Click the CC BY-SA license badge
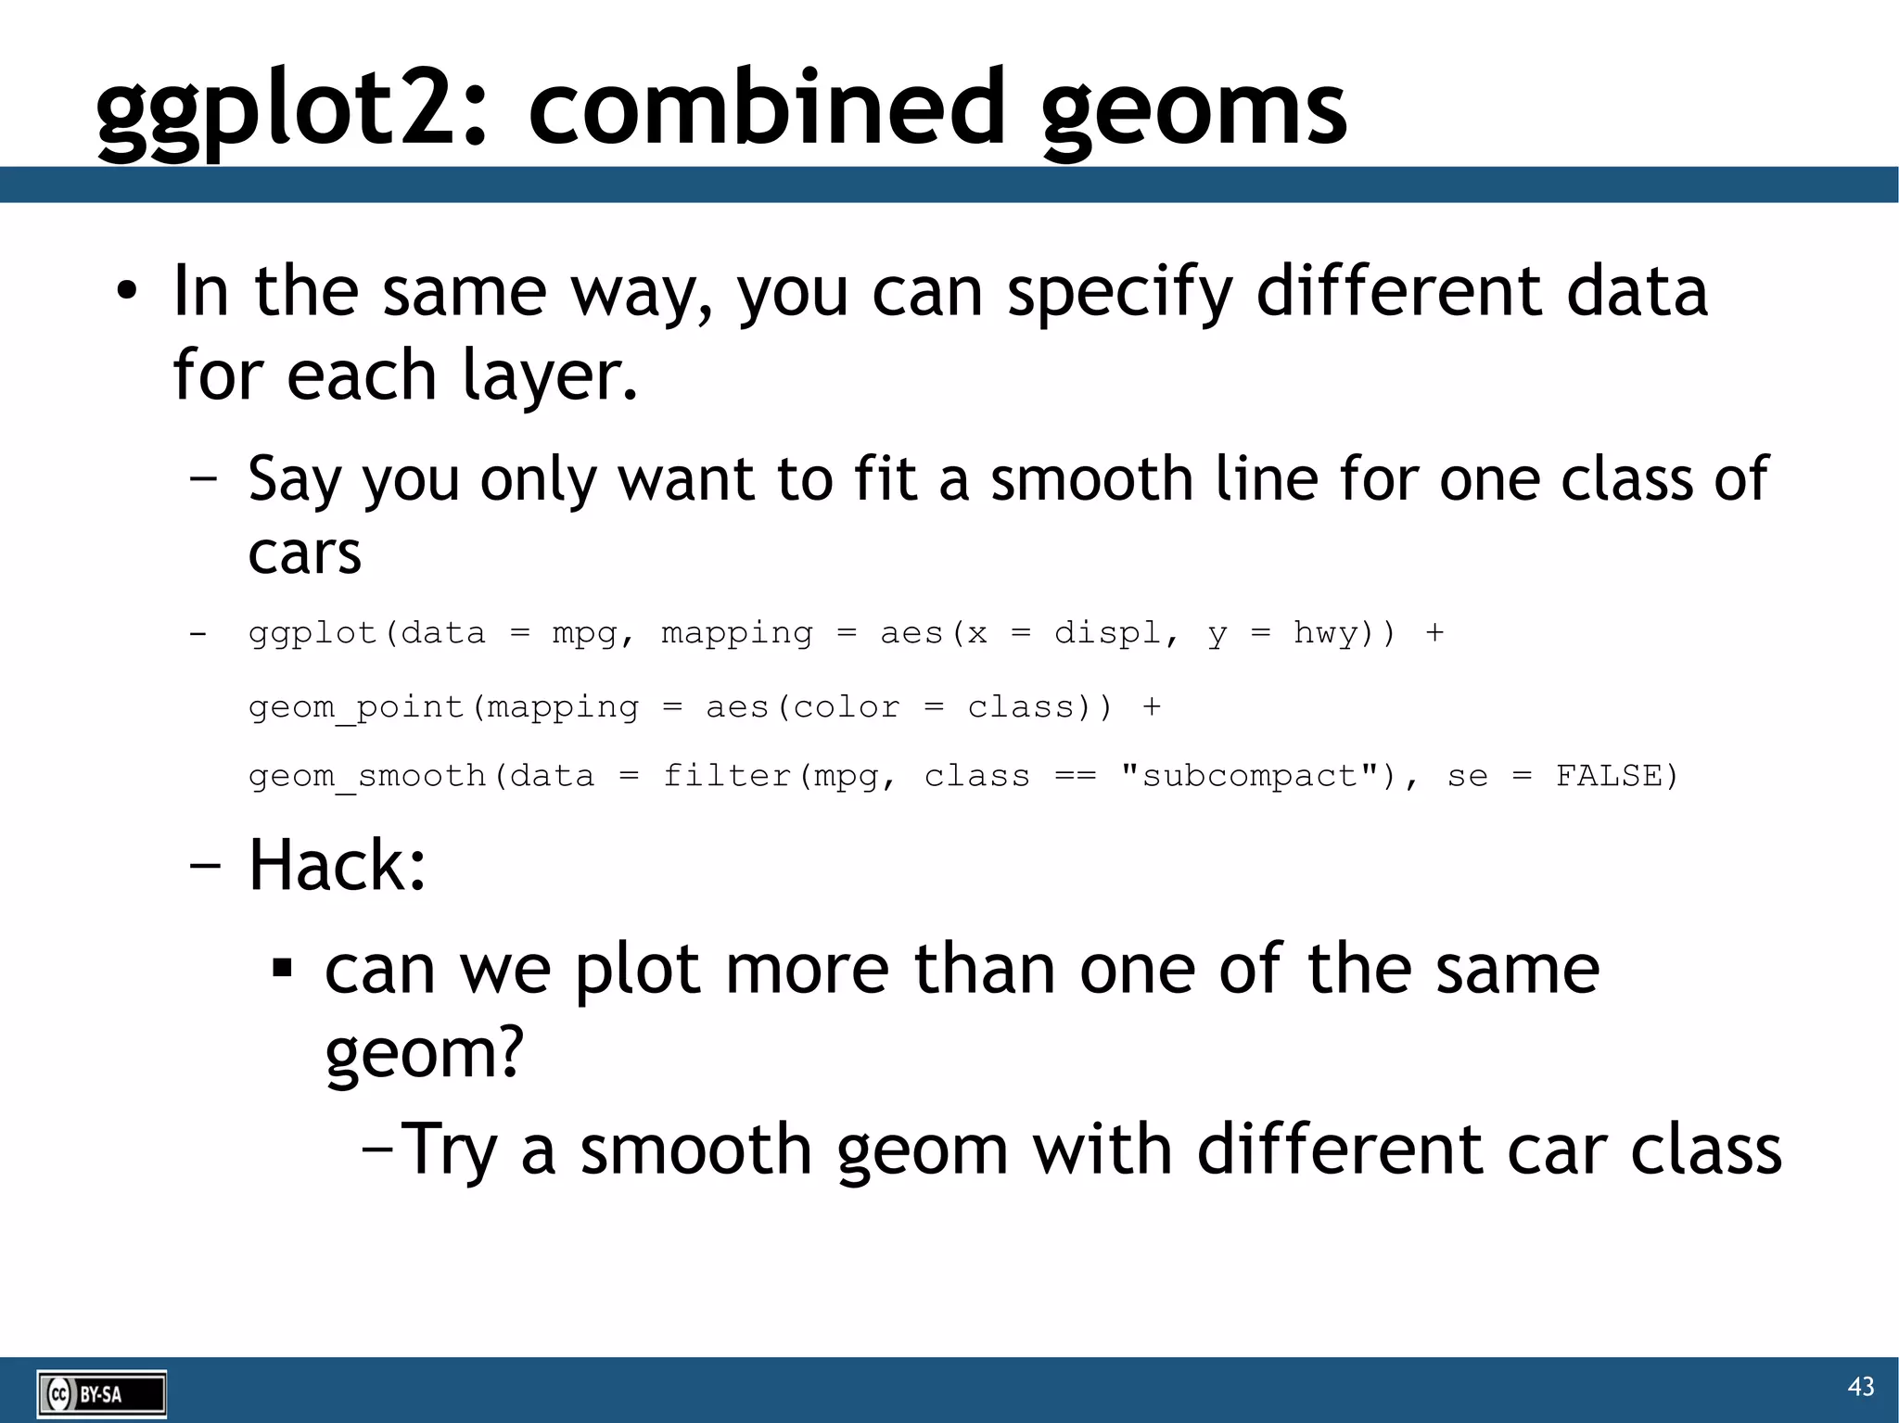tap(102, 1394)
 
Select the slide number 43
tap(1860, 1386)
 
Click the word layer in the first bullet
tap(550, 375)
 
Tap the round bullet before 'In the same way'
tap(127, 292)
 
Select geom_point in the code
tap(356, 707)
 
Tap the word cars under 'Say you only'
tap(304, 553)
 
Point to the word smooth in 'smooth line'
tap(1091, 479)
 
